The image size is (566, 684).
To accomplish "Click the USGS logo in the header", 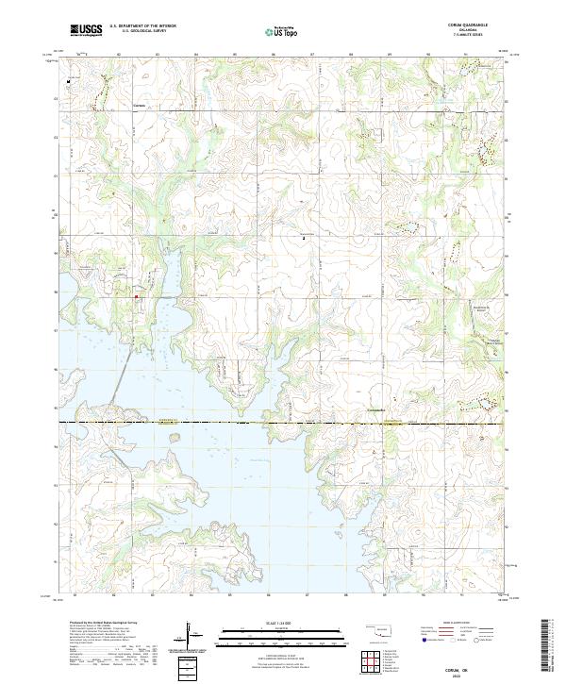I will coord(86,30).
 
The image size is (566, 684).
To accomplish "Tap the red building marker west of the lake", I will coord(136,297).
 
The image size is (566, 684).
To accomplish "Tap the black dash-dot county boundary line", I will coord(283,422).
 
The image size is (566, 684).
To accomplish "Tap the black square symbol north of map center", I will coord(304,239).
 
